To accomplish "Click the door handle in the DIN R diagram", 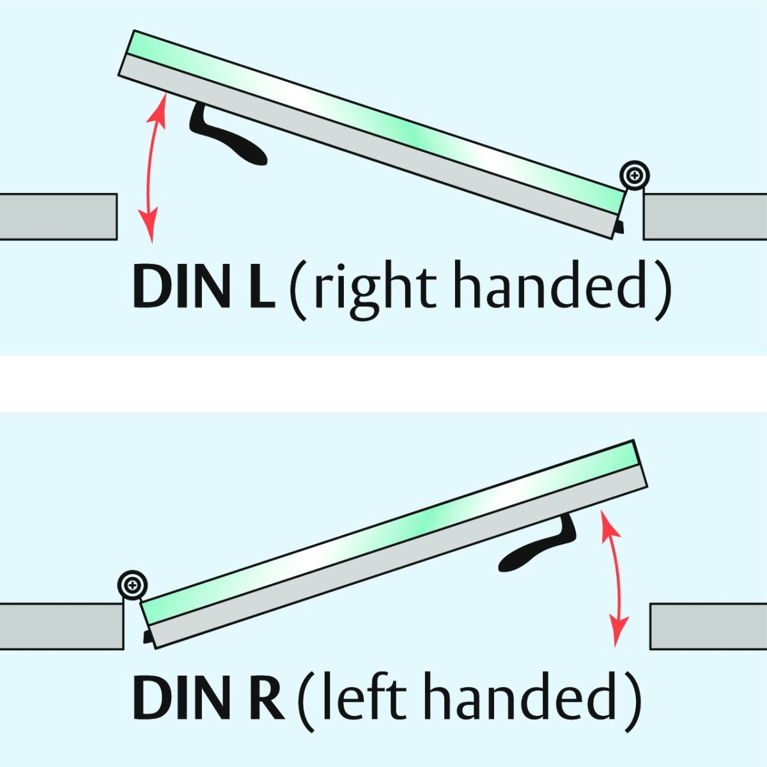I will tap(537, 550).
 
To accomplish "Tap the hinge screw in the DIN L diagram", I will tap(635, 174).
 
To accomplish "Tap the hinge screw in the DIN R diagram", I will tap(132, 584).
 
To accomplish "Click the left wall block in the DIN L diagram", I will tap(58, 217).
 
